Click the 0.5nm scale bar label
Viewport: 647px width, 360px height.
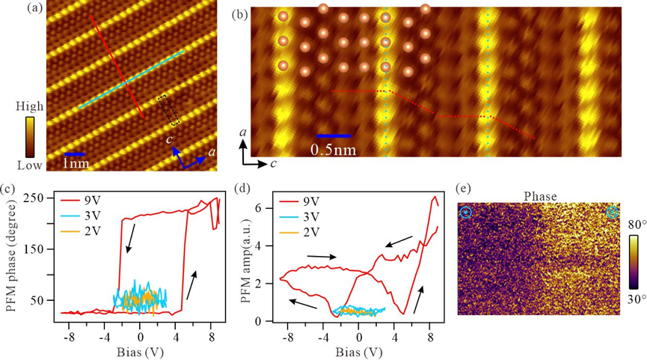[x=333, y=149]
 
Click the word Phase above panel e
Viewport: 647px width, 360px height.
[x=538, y=196]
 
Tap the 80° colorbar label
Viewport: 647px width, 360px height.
[x=637, y=222]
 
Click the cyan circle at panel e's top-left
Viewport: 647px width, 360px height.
[x=466, y=213]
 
